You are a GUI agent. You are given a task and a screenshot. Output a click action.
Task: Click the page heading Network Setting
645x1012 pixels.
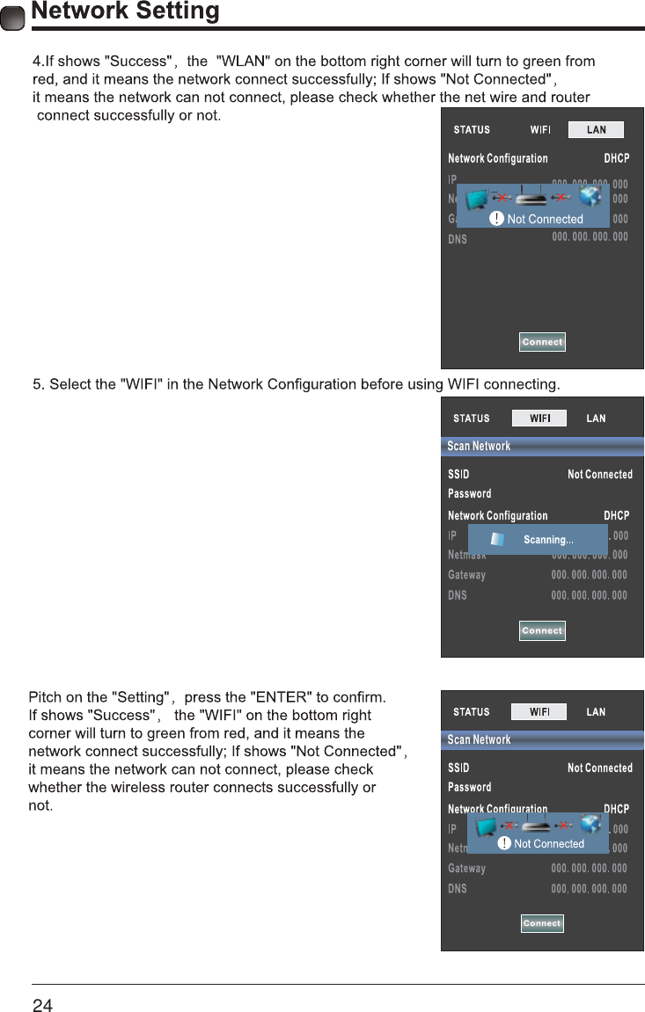[125, 11]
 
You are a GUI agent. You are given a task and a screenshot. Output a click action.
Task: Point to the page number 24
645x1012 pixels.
[42, 1005]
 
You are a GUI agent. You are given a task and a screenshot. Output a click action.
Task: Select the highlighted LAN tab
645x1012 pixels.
[596, 129]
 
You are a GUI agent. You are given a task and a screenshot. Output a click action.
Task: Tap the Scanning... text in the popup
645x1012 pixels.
[548, 540]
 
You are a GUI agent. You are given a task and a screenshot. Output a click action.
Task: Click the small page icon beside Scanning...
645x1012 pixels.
[498, 539]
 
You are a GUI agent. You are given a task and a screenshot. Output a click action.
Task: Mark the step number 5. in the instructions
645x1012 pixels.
[38, 384]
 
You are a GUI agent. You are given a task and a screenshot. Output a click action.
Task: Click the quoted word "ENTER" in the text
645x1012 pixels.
[281, 698]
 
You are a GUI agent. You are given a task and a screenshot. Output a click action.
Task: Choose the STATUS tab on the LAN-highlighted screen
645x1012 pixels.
[472, 130]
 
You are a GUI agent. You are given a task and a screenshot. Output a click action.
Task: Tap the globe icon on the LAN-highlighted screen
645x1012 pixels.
[590, 196]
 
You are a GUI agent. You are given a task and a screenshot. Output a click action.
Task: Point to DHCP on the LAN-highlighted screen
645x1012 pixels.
[616, 159]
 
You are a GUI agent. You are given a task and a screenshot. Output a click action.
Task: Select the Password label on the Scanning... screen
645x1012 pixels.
[470, 494]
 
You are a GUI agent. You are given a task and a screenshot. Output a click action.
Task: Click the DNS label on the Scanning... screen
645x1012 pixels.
[458, 595]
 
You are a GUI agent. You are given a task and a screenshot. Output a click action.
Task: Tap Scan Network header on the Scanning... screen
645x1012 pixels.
[479, 446]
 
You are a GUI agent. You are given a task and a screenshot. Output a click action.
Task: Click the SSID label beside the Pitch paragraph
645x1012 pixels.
[458, 768]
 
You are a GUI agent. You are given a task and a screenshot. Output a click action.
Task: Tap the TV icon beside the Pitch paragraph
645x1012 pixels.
[485, 826]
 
